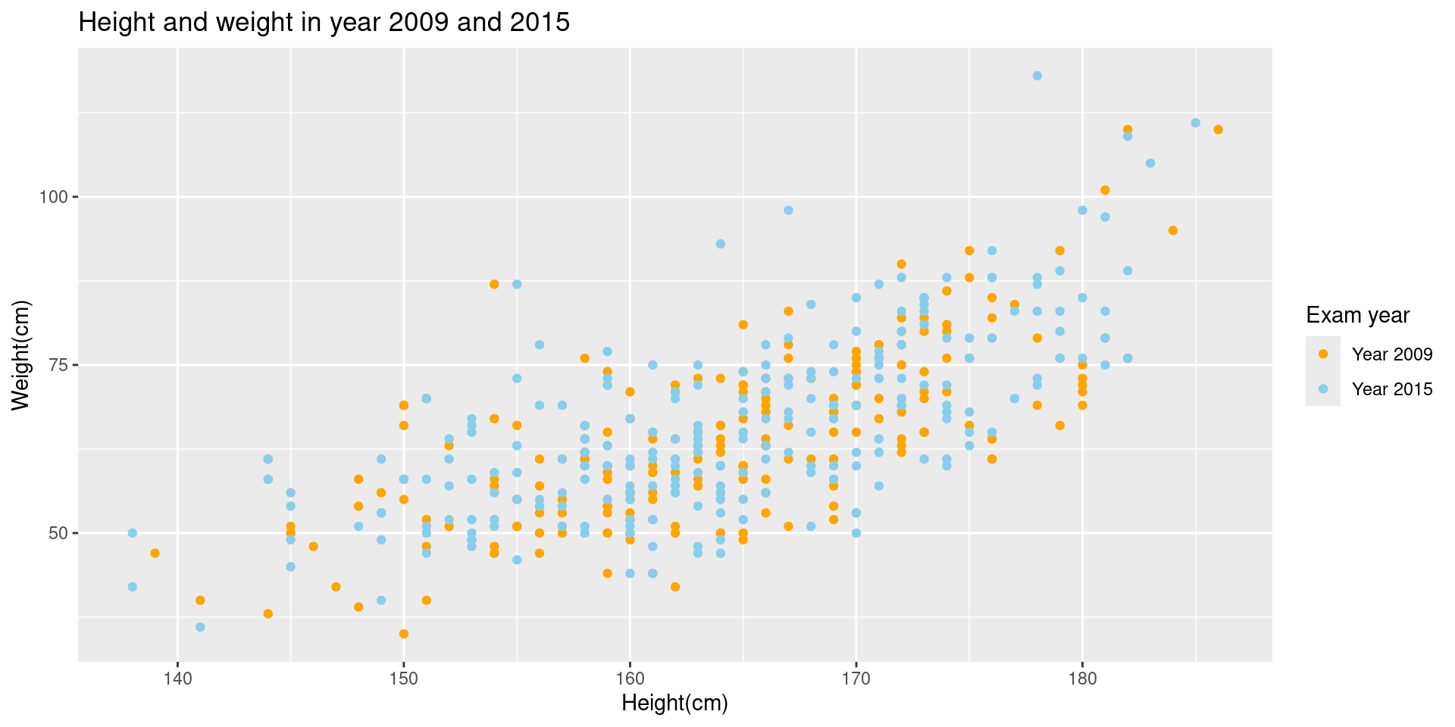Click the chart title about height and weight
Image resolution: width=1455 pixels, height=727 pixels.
point(324,23)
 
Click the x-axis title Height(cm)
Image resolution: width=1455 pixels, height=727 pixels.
point(674,704)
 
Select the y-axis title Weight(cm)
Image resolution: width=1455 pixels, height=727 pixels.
point(21,355)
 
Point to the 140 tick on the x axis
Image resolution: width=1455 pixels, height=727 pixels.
point(178,676)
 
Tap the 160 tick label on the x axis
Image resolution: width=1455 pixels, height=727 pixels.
point(630,676)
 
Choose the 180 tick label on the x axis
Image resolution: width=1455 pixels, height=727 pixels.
point(1082,676)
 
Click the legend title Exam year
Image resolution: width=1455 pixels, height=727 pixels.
point(1358,315)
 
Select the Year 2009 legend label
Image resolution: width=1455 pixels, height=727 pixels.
point(1392,354)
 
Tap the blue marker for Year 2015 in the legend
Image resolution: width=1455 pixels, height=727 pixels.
point(1323,388)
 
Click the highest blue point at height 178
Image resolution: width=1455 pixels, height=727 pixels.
point(1037,76)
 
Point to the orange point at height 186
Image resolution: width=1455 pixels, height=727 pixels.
point(1218,129)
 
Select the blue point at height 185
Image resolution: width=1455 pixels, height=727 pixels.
point(1195,123)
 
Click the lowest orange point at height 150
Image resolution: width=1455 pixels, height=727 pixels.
point(404,634)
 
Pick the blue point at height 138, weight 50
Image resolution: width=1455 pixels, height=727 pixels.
point(133,533)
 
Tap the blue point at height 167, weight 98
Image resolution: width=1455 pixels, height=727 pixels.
point(788,211)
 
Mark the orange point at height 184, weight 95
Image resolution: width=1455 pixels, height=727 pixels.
point(1172,230)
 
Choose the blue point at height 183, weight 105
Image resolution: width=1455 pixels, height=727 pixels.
point(1150,164)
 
